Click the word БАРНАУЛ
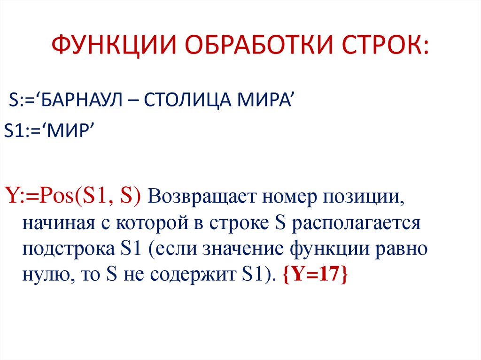pos(83,101)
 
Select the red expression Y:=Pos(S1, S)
pos(72,195)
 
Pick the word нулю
pos(42,275)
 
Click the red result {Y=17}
pos(315,274)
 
